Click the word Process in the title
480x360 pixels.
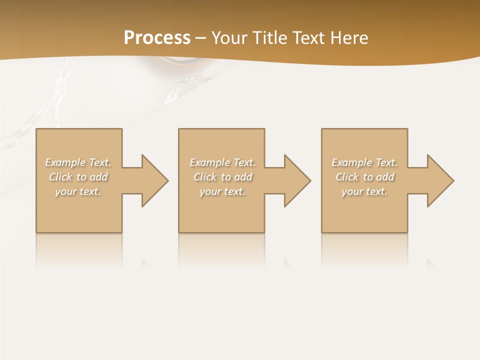point(157,37)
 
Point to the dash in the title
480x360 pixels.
point(201,38)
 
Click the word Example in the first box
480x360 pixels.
point(65,162)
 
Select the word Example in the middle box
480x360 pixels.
point(210,162)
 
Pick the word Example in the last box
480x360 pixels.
point(352,162)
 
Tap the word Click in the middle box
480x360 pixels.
point(205,177)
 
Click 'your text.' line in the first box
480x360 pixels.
point(78,191)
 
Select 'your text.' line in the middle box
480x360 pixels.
point(222,191)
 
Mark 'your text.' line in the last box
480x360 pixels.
point(364,191)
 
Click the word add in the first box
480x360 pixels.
point(99,177)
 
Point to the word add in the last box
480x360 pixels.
point(385,177)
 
